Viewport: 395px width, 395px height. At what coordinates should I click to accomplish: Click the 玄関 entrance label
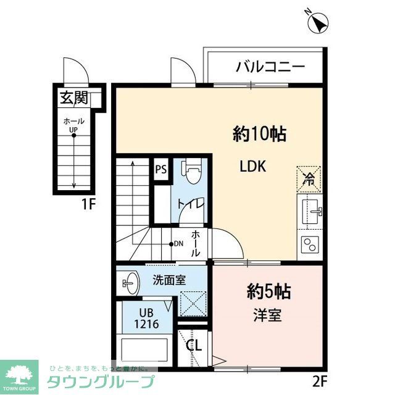73,98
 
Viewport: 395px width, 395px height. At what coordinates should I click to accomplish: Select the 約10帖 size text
259,133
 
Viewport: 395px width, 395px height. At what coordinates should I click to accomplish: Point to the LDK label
252,167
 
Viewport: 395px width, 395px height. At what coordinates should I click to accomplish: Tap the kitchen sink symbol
312,213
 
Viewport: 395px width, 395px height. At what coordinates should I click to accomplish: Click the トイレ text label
188,205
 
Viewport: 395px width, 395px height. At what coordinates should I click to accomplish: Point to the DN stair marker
175,244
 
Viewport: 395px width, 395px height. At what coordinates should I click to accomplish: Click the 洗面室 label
169,280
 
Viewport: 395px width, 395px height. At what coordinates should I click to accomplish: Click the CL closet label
194,345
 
